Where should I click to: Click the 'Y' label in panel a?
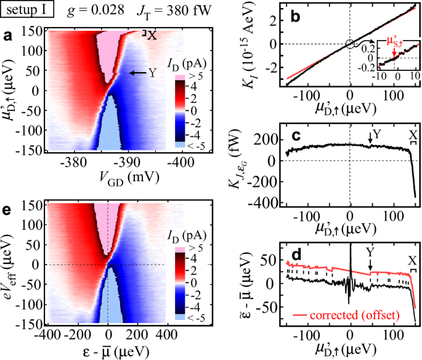152,73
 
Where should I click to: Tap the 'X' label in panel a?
152,36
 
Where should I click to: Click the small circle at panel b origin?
350,44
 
